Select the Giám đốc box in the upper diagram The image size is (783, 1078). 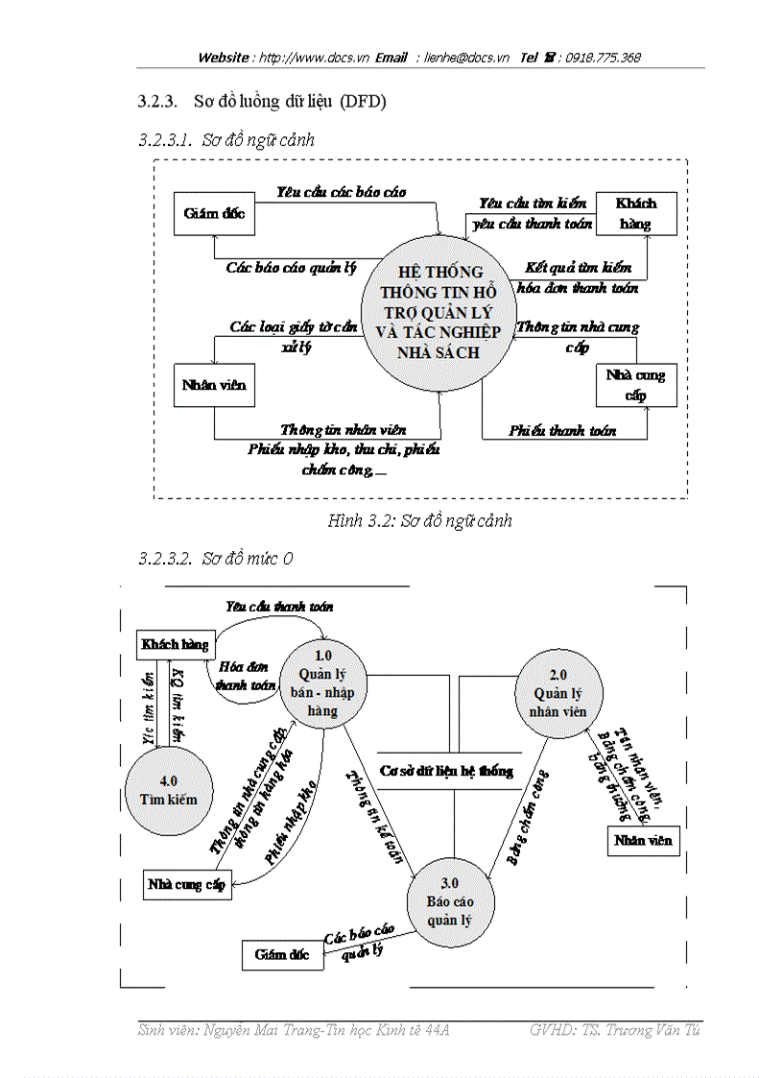pyautogui.click(x=214, y=214)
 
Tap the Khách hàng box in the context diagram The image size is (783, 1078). pyautogui.click(x=635, y=214)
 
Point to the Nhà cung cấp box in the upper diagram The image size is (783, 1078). pyautogui.click(x=635, y=384)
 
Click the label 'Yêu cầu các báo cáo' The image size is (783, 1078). pyautogui.click(x=341, y=192)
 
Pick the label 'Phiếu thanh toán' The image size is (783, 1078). pyautogui.click(x=562, y=431)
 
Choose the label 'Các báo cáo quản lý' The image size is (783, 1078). pyautogui.click(x=292, y=268)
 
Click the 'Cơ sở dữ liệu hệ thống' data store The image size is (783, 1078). pyautogui.click(x=446, y=770)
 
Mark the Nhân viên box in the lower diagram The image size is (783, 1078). pyautogui.click(x=644, y=840)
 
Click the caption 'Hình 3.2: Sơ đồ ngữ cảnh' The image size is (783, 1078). pyautogui.click(x=419, y=521)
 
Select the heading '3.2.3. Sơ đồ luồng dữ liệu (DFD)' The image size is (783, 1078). pyautogui.click(x=262, y=101)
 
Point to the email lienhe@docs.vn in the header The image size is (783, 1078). pyautogui.click(x=467, y=58)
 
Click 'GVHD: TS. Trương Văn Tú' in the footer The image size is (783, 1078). pyautogui.click(x=614, y=1030)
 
